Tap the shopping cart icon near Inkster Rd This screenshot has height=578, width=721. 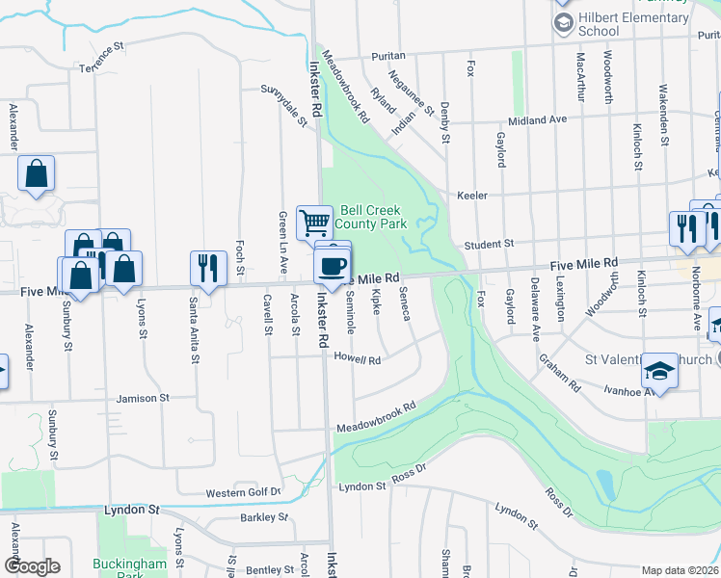[x=314, y=223]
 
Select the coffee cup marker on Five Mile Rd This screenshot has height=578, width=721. [x=334, y=264]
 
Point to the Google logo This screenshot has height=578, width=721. [x=32, y=566]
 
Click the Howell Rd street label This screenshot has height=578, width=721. [x=358, y=360]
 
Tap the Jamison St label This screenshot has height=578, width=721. [x=143, y=397]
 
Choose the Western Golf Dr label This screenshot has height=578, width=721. [x=243, y=493]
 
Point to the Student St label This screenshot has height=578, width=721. [x=490, y=245]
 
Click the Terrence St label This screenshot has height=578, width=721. [x=103, y=59]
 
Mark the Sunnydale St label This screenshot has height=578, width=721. [x=283, y=105]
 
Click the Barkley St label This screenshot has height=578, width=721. [x=264, y=517]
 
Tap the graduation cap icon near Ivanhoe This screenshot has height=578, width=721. [x=658, y=370]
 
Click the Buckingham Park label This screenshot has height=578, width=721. [x=130, y=568]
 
